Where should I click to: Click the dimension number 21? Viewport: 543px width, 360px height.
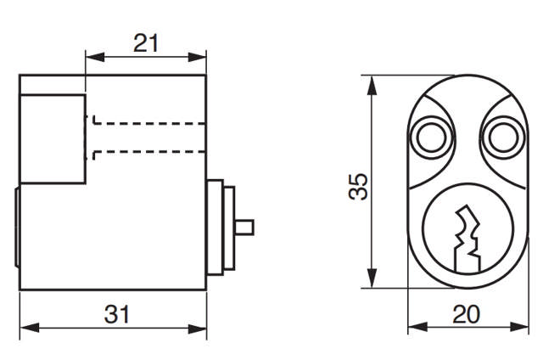(x=147, y=42)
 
